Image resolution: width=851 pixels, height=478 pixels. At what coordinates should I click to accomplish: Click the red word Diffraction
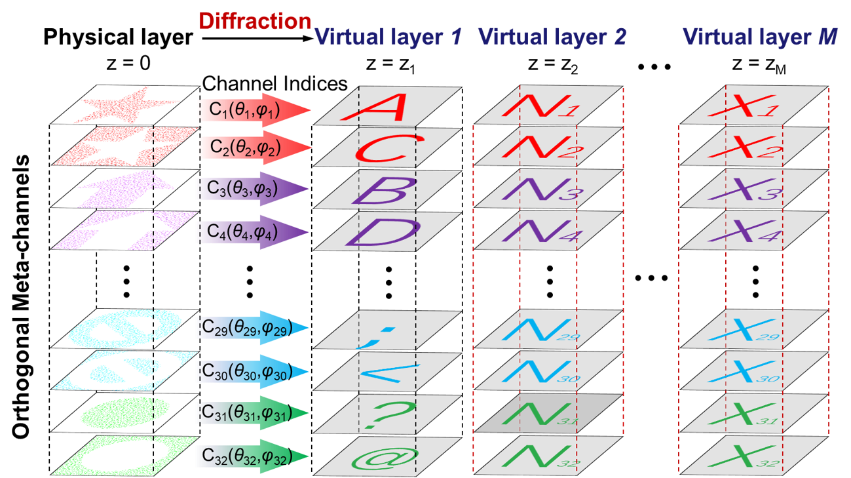(x=255, y=21)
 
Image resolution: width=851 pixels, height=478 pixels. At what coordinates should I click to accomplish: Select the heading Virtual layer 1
(x=389, y=37)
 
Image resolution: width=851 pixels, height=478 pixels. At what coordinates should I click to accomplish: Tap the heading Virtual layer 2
(x=552, y=37)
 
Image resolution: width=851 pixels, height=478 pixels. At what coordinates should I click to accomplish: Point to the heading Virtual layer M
(x=760, y=37)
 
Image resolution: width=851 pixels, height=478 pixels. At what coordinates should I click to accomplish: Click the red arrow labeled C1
(x=253, y=111)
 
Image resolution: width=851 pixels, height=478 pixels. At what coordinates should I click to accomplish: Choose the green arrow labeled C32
(x=252, y=456)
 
